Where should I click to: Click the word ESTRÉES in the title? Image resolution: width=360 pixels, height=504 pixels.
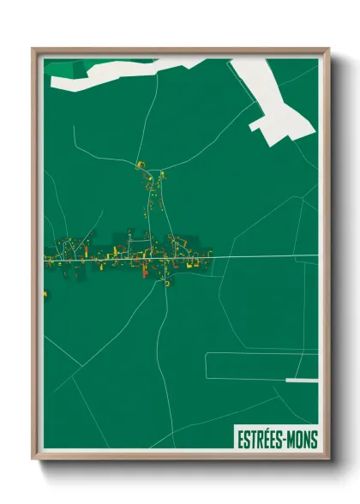pos(259,440)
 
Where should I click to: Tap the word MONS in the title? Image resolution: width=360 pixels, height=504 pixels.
pos(301,440)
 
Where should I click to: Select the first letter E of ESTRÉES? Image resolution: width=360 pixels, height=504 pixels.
pos(239,440)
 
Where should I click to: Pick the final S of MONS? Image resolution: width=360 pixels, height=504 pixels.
pos(314,440)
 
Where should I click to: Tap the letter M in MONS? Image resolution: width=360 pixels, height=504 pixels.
pos(291,440)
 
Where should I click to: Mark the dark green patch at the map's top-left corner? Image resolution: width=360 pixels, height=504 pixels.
pos(58,67)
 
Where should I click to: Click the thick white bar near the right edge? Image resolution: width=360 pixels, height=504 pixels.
pos(302,380)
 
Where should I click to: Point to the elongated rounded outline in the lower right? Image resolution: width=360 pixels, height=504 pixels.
pos(257,367)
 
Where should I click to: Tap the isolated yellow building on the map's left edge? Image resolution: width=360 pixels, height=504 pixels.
pos(45,295)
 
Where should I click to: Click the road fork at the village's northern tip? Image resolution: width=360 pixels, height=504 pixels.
pos(141,165)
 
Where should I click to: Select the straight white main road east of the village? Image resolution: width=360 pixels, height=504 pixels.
pos(266,257)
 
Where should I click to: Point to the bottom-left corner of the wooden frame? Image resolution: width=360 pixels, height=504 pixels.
pos(33,459)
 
